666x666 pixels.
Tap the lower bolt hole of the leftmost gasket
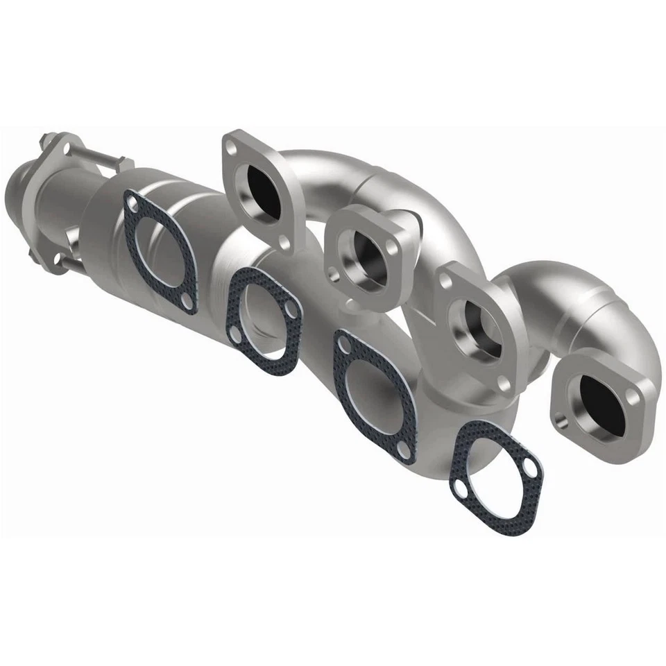pos(186,300)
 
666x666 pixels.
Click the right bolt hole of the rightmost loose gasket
pos(531,470)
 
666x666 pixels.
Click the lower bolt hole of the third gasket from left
pos(403,452)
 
